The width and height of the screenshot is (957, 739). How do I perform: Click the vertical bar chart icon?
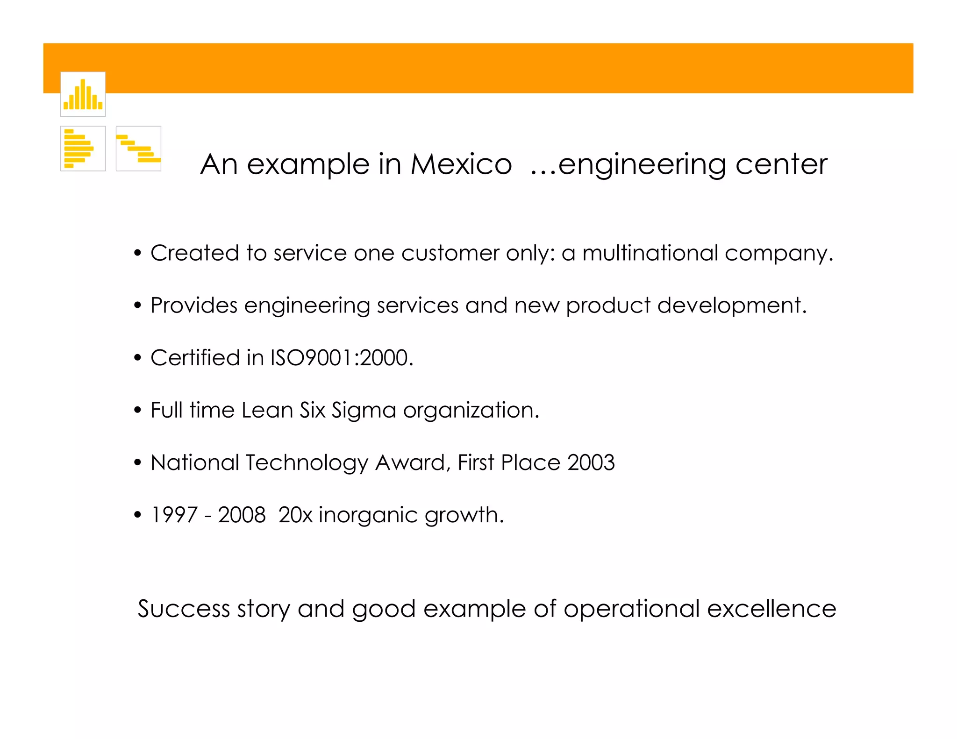[x=83, y=94]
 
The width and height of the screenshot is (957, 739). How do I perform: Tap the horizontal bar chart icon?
[x=83, y=149]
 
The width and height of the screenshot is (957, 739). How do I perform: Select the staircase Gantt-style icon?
[x=138, y=149]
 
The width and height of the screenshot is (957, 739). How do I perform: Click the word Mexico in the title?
[x=461, y=164]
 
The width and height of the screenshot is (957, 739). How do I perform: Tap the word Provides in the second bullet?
[x=194, y=306]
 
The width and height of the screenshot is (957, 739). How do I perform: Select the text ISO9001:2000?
[x=342, y=358]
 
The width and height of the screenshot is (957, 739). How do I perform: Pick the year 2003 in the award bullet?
[x=591, y=462]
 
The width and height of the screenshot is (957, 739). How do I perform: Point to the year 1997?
[x=174, y=515]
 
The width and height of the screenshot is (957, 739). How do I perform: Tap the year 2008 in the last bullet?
[x=242, y=515]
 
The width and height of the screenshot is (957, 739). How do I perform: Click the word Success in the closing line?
[x=184, y=609]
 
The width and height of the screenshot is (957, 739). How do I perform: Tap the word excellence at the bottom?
[x=771, y=609]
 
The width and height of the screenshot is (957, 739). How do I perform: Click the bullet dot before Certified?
[x=137, y=358]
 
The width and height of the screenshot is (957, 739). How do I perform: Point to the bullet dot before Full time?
[x=137, y=411]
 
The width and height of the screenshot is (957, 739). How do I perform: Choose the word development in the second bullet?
[x=732, y=306]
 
